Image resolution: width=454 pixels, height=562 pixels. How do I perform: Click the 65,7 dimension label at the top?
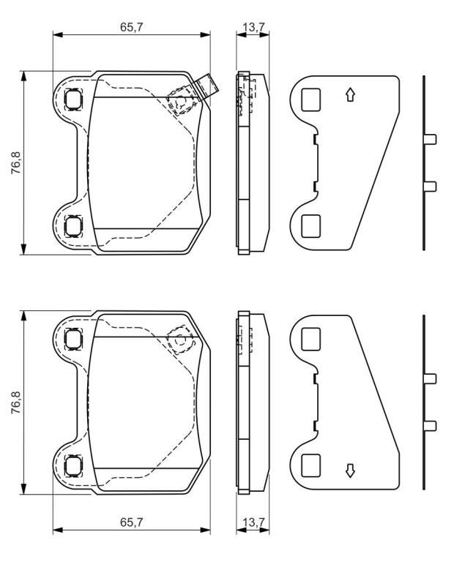coord(131,28)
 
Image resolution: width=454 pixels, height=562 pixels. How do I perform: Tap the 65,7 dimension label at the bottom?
coord(131,522)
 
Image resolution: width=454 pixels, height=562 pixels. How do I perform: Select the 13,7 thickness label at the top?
coord(253,28)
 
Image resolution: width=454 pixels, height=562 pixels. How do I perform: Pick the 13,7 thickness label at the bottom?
coord(253,522)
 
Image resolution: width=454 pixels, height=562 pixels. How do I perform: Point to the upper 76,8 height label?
coord(16,163)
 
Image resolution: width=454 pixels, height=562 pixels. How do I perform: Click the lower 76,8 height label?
coord(16,402)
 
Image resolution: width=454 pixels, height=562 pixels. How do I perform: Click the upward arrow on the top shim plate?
coord(350,95)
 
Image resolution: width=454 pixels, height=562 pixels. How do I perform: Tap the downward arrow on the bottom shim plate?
coord(350,471)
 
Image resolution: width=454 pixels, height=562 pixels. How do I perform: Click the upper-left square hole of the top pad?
coord(73,99)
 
